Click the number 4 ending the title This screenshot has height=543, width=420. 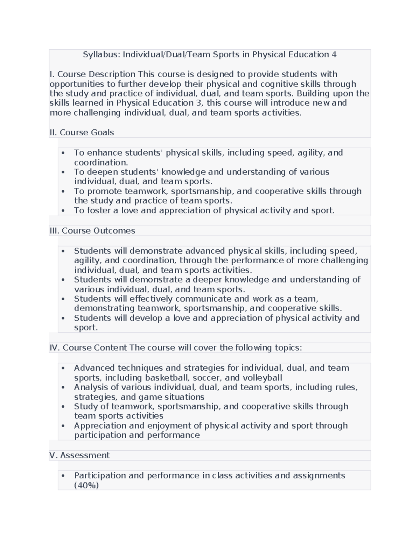[x=334, y=55]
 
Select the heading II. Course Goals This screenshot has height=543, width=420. [x=82, y=133]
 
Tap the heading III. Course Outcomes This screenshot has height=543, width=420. [x=92, y=231]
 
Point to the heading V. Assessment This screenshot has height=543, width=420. [x=79, y=455]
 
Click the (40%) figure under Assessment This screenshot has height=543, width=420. [x=86, y=485]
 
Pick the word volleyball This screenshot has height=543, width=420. [x=262, y=378]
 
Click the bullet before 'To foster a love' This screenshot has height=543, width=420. [x=63, y=211]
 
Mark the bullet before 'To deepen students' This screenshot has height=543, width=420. [x=63, y=172]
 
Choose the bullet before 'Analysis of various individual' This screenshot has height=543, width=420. [x=63, y=388]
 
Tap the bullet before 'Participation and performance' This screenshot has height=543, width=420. [x=63, y=476]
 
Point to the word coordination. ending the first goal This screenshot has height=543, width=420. [x=101, y=163]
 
